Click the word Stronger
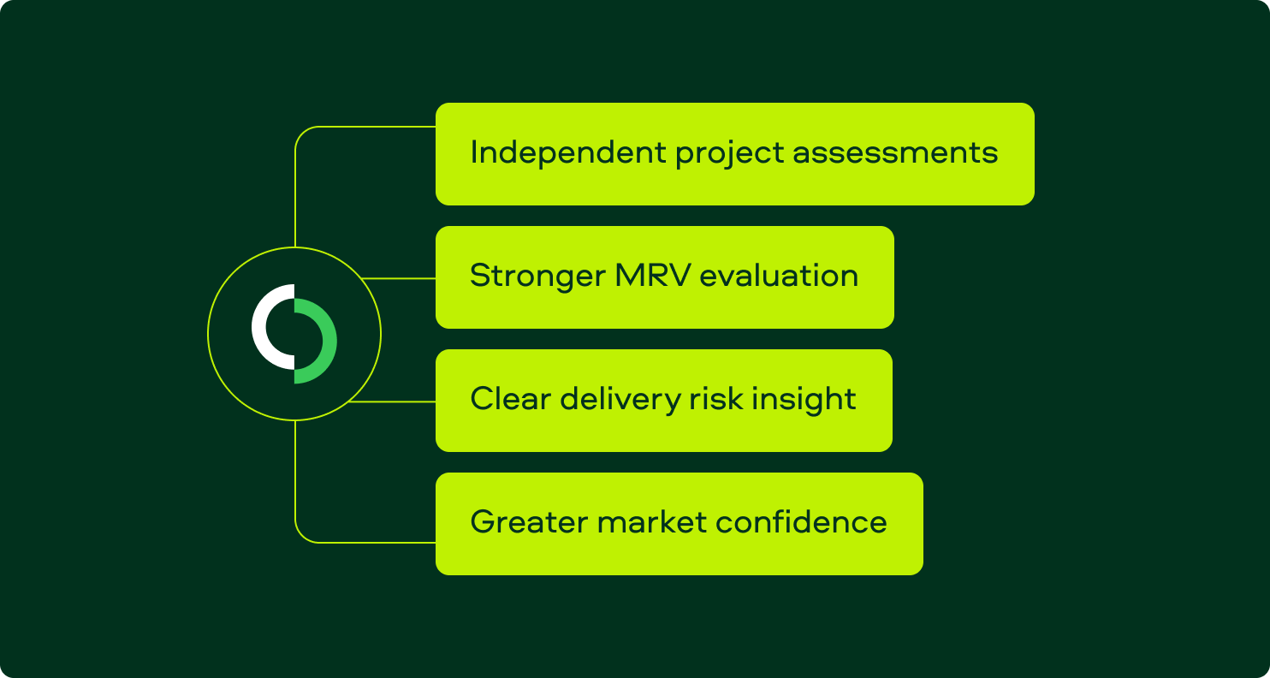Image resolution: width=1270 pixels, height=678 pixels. [536, 277]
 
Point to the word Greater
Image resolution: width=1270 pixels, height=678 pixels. [527, 522]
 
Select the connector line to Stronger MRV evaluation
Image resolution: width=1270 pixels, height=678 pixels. [399, 278]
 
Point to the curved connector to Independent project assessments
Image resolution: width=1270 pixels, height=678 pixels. [301, 137]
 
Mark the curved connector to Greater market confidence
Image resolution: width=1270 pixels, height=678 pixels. [301, 532]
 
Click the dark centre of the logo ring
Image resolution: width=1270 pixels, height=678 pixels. [294, 334]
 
